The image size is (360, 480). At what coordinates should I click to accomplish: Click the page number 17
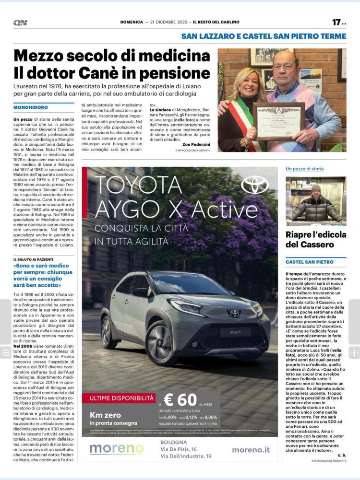coord(336,22)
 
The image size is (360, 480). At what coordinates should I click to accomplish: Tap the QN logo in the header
coord(20,23)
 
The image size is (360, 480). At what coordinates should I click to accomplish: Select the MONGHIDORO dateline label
coord(31,107)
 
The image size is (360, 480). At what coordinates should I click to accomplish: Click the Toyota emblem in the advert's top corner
coord(254,185)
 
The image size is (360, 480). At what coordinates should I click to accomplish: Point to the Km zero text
coord(106,415)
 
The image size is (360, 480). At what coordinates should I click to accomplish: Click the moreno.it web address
coord(251,450)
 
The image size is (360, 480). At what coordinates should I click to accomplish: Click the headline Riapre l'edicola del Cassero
coord(315,239)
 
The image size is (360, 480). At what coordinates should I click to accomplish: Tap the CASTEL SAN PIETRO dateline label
coord(310,262)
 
